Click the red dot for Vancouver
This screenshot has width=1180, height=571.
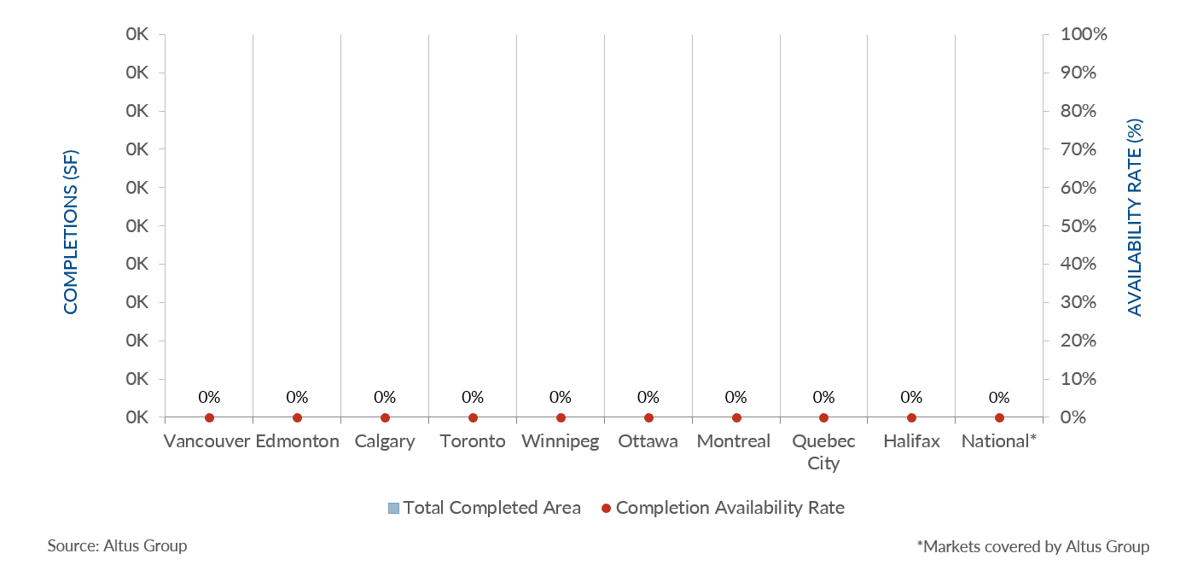(x=209, y=417)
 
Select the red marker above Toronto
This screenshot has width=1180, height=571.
(x=473, y=417)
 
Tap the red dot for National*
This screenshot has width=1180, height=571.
(x=999, y=417)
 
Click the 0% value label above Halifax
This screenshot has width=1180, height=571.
(x=911, y=397)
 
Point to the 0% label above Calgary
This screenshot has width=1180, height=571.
(x=385, y=397)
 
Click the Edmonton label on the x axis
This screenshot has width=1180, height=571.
(x=297, y=441)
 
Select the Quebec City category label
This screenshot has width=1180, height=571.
(x=823, y=452)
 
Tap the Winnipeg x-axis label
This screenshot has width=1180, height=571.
(x=560, y=441)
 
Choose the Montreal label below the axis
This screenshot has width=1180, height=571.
(x=734, y=441)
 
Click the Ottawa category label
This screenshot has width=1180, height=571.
(x=648, y=441)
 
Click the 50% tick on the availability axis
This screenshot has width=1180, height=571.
(x=1078, y=226)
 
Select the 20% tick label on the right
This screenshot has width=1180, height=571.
(x=1078, y=341)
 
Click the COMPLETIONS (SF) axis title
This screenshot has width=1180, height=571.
(x=71, y=231)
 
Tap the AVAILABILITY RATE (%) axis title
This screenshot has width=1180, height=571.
(x=1135, y=218)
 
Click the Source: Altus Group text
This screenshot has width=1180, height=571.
(x=117, y=545)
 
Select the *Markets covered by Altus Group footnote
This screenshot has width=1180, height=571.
(x=1032, y=546)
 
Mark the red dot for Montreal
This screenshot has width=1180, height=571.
(x=736, y=417)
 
